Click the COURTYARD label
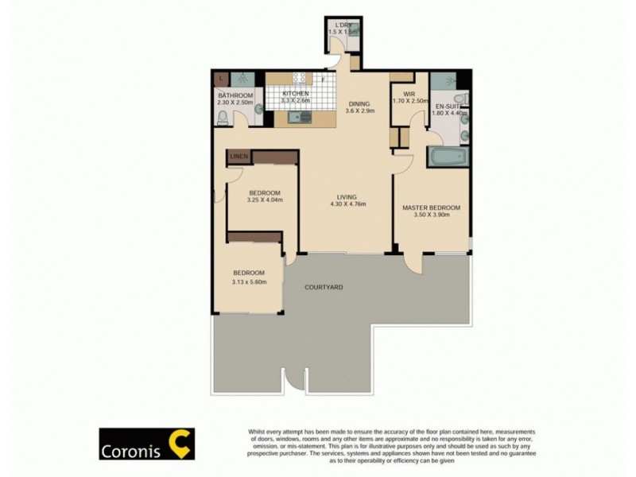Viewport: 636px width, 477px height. [x=324, y=286]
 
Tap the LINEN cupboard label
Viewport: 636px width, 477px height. [x=239, y=157]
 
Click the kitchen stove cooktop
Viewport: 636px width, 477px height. [x=301, y=79]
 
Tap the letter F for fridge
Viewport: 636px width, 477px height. [x=324, y=79]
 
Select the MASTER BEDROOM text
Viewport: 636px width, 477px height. [x=431, y=207]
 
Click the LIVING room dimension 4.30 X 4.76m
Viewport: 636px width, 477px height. [x=346, y=204]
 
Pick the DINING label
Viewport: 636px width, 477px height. [x=359, y=103]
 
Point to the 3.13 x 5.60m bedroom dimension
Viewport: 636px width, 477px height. [x=249, y=281]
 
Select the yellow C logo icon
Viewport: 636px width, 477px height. [x=178, y=444]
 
